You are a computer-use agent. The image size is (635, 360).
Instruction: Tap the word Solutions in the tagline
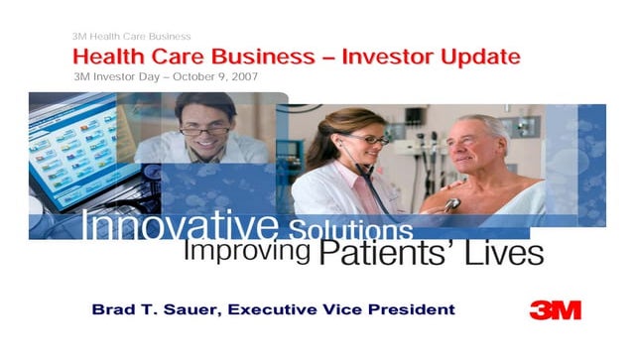pos(349,228)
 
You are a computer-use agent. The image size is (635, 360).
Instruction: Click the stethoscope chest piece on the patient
pos(453,203)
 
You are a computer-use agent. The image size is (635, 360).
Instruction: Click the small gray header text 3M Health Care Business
pos(132,37)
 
